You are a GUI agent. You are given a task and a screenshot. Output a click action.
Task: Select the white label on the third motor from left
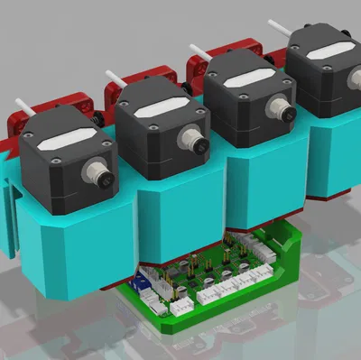(245, 81)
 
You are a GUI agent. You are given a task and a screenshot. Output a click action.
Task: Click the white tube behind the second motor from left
(113, 77)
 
